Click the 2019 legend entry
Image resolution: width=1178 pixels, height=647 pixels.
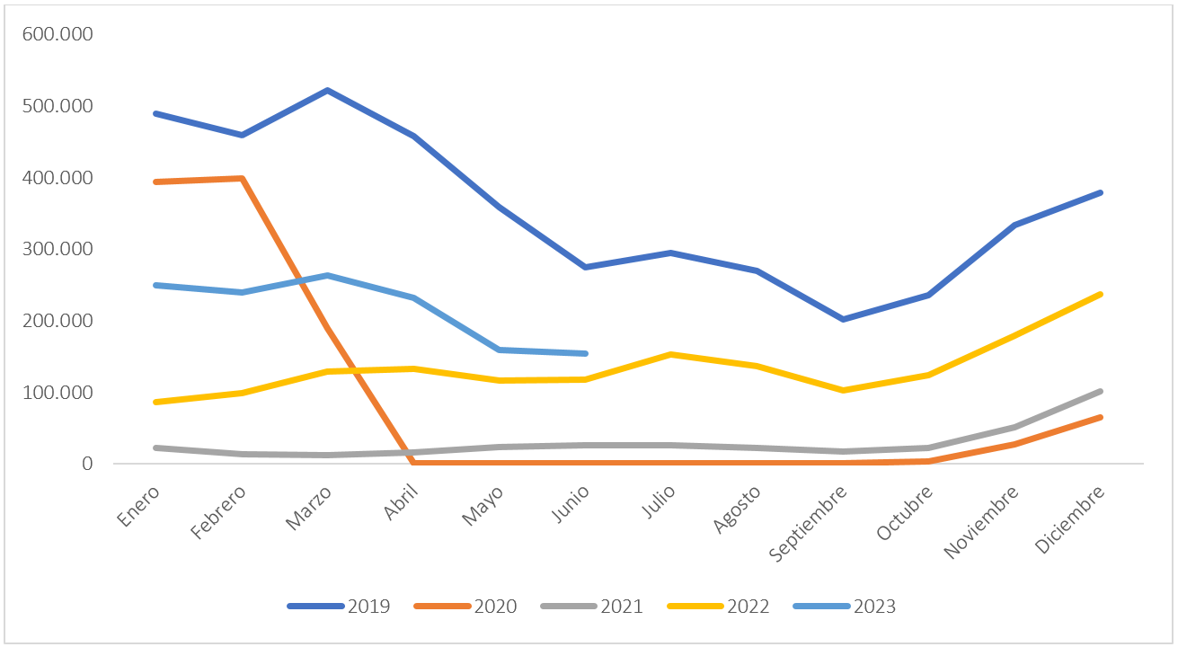[339, 607]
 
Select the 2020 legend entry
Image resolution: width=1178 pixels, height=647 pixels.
[465, 607]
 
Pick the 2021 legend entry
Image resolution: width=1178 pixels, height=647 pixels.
[592, 607]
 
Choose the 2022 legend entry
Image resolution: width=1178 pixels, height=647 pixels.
[719, 607]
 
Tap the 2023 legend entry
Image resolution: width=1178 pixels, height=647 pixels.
[846, 607]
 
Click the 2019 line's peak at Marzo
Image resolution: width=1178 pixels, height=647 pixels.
[327, 90]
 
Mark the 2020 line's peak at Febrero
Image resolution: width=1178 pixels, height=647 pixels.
[242, 178]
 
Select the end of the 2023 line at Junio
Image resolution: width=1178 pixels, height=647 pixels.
[586, 353]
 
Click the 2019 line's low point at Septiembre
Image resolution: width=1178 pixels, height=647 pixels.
[843, 319]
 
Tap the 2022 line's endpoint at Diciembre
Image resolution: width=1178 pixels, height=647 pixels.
[1101, 294]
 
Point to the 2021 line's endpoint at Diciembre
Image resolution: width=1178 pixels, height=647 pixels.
[1101, 391]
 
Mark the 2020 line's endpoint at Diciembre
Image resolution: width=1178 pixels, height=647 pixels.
[1101, 417]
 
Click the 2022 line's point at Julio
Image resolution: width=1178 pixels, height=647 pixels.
[671, 354]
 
